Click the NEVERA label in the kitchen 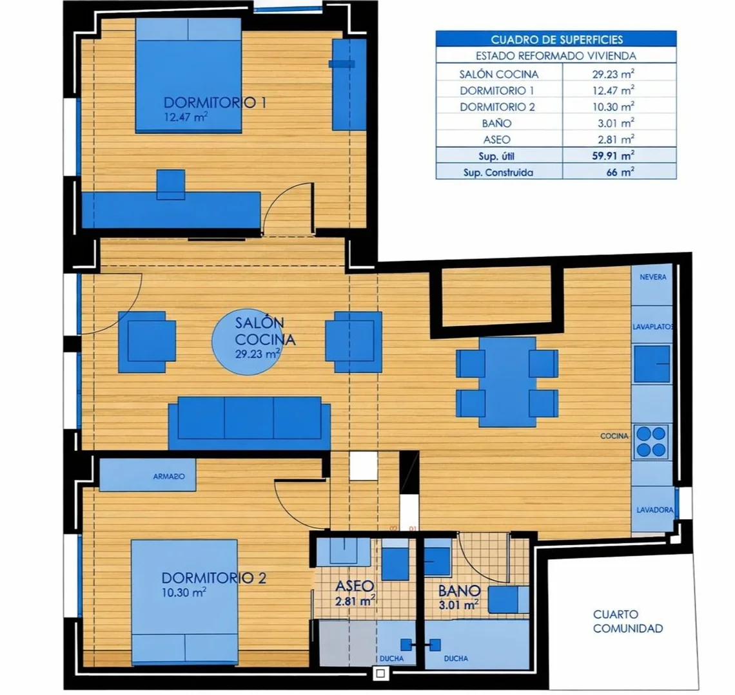653,277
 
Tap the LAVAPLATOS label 653,327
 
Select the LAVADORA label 654,509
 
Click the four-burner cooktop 651,442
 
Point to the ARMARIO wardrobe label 169,476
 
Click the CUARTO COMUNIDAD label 628,621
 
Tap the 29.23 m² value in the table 613,73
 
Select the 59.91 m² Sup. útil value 613,155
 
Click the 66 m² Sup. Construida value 620,172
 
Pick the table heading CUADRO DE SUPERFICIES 556,39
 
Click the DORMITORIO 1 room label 215,102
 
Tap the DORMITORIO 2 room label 214,578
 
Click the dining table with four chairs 507,382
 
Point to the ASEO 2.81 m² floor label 355,593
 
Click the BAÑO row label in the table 496,123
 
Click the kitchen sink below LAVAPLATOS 652,364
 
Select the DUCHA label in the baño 456,658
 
